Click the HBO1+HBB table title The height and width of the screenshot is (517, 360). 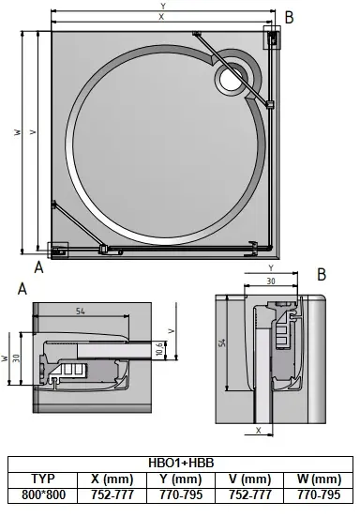(180, 463)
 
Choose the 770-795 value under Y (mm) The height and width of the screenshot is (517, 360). (180, 494)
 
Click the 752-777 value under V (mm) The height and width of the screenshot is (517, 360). (250, 494)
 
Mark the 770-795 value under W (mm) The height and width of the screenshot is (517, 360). (319, 494)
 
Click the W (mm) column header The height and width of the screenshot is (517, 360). (319, 479)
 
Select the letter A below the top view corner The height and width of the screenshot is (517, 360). (38, 266)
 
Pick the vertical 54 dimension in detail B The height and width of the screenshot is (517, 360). (222, 344)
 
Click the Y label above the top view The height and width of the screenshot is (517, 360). (163, 7)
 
